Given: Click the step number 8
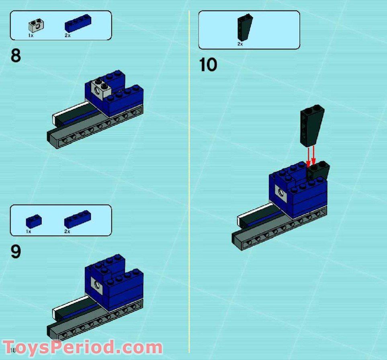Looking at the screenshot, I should [16, 56].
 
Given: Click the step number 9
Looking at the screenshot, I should [16, 252].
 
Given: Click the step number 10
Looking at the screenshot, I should [208, 65].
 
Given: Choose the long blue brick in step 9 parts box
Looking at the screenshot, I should [77, 219].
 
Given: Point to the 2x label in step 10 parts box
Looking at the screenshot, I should [240, 44].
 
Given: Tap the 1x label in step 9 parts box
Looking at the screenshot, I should [29, 232].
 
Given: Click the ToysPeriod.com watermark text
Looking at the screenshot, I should [82, 347].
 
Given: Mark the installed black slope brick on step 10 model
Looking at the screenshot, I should [318, 171].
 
